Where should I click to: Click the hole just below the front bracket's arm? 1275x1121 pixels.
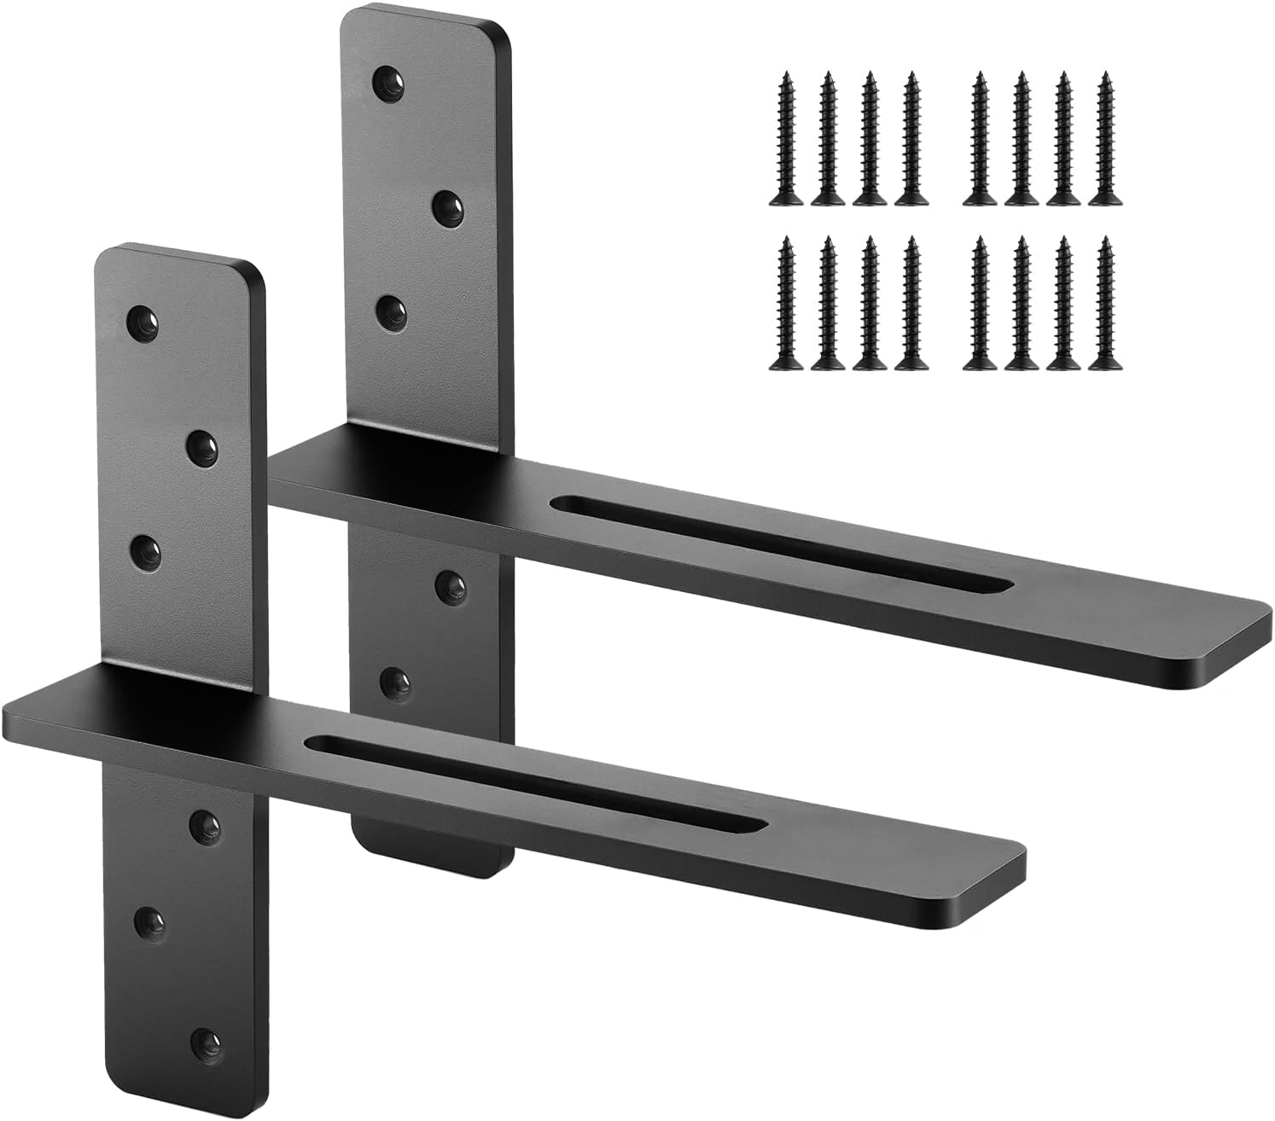coord(203,822)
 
